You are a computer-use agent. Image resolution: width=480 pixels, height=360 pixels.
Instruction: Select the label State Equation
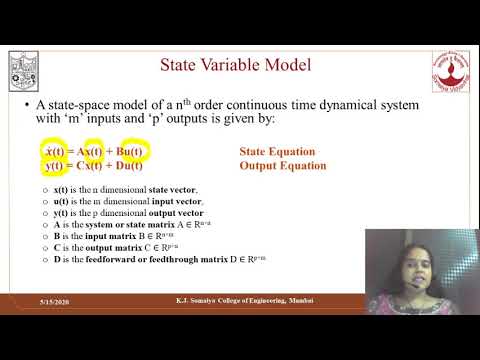277,152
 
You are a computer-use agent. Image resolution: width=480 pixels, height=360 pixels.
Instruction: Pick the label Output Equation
277,166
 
